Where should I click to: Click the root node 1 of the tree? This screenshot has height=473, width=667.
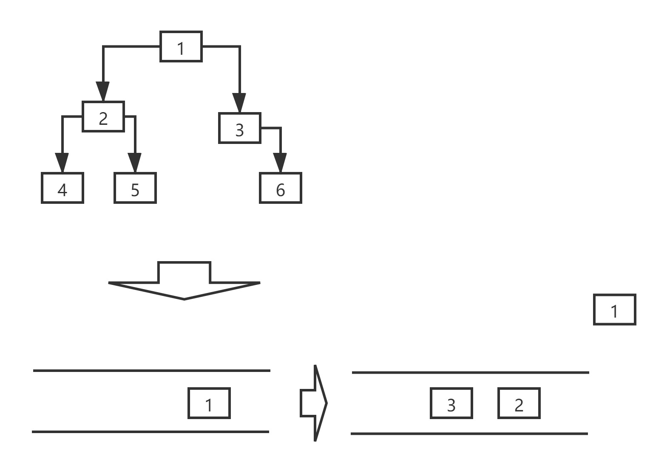(181, 47)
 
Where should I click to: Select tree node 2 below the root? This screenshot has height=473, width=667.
(103, 117)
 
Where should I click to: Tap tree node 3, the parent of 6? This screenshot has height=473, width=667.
(239, 128)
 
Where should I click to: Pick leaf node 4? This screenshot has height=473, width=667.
(62, 188)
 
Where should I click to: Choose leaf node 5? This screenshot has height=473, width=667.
(135, 188)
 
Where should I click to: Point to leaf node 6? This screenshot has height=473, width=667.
(281, 188)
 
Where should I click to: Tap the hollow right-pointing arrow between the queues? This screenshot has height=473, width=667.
(314, 403)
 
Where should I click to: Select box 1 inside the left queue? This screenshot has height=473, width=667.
(209, 403)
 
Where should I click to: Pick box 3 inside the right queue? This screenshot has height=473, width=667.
(451, 403)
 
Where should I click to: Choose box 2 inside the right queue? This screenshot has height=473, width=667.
(519, 403)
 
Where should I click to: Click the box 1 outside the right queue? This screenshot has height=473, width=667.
(615, 310)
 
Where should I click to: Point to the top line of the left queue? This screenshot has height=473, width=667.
(151, 371)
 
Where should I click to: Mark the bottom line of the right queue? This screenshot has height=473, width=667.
(469, 434)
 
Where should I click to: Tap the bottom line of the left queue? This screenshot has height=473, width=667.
(150, 432)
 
